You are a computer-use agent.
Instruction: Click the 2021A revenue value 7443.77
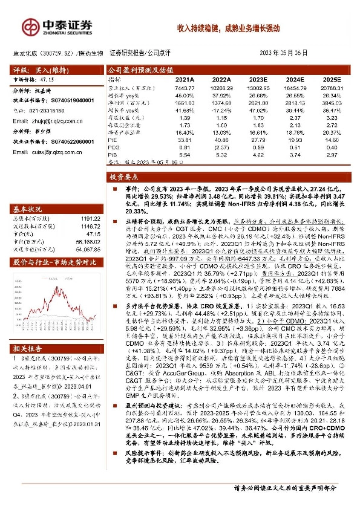184,88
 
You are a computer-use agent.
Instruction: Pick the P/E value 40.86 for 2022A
221,139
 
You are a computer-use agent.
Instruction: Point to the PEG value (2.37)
221,147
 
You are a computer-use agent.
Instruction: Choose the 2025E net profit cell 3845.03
331,104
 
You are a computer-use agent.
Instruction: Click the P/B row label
113,155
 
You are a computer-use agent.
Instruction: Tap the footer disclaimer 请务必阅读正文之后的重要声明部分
284,487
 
